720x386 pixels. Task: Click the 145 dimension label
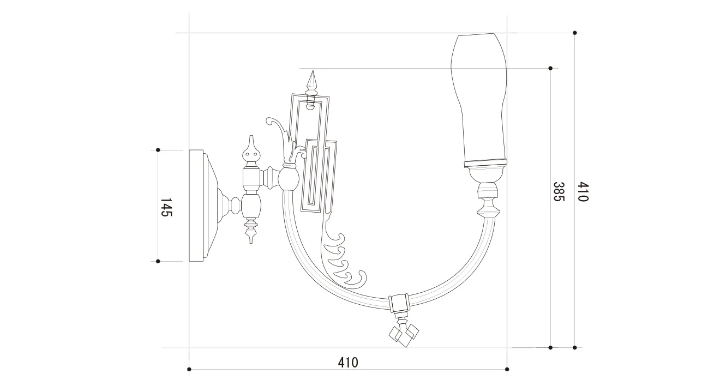tap(166, 207)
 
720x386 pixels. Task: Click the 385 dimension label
tap(559, 191)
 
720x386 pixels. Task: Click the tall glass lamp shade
tap(479, 100)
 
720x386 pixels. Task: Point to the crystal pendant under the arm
tap(404, 334)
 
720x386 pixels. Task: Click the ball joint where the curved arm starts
tap(289, 178)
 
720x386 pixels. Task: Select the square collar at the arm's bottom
tap(399, 303)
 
